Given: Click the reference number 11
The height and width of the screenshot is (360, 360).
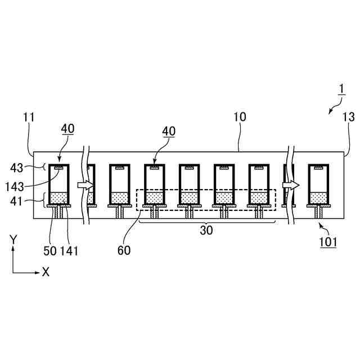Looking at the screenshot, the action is pyautogui.click(x=29, y=118).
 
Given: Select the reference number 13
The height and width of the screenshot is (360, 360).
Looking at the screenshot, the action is pyautogui.click(x=349, y=118).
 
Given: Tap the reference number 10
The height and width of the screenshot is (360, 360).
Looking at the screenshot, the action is pyautogui.click(x=240, y=118).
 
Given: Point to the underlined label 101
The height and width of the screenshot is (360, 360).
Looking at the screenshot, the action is pyautogui.click(x=328, y=242).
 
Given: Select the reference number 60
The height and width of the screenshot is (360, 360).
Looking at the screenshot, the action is pyautogui.click(x=124, y=250).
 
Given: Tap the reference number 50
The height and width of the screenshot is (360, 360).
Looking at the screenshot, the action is pyautogui.click(x=50, y=250).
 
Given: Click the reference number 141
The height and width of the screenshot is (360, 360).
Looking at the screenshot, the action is pyautogui.click(x=69, y=250).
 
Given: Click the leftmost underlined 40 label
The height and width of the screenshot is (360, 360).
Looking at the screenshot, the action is pyautogui.click(x=67, y=129).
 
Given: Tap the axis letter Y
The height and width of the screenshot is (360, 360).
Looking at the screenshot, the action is pyautogui.click(x=12, y=239).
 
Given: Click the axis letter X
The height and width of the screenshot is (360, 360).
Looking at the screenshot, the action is pyautogui.click(x=46, y=272).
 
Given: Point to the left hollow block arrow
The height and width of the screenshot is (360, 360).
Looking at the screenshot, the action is pyautogui.click(x=85, y=184).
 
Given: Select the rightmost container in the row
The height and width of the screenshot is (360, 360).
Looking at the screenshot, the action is pyautogui.click(x=318, y=184).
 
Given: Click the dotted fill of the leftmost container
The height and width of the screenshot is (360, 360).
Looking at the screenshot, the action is pyautogui.click(x=59, y=198).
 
